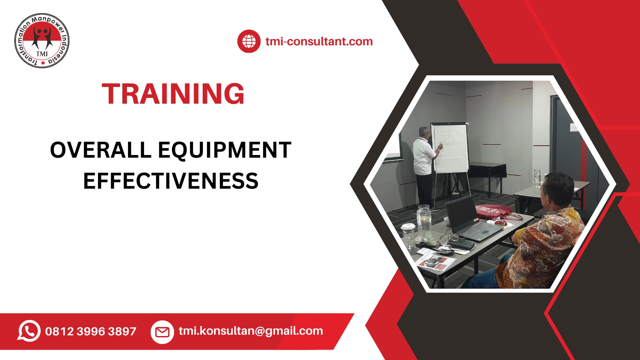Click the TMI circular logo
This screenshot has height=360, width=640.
[42, 41]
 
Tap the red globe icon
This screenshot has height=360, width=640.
[249, 41]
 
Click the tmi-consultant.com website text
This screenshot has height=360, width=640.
[319, 42]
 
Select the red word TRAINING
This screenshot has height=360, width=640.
[173, 94]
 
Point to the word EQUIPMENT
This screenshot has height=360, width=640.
[225, 150]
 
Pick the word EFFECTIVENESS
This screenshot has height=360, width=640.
[171, 181]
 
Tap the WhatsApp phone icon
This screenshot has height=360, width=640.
[29, 331]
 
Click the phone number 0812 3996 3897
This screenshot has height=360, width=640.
[91, 331]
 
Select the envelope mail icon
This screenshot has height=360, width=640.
[162, 332]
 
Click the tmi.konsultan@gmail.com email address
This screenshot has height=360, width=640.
[251, 331]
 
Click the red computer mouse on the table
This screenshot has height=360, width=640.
[501, 222]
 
